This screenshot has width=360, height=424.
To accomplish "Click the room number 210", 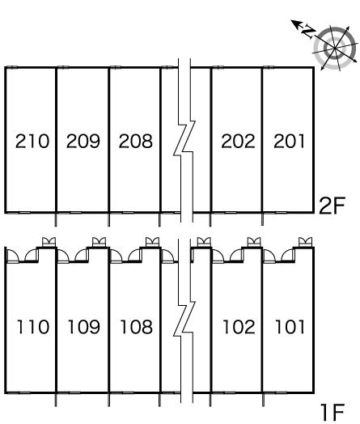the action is pyautogui.click(x=32, y=141).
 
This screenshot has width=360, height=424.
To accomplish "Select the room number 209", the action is pyautogui.click(x=83, y=141).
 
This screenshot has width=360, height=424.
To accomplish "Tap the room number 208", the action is pyautogui.click(x=136, y=141).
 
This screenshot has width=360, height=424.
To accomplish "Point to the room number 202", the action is pyautogui.click(x=238, y=141).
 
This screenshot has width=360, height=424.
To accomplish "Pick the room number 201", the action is pyautogui.click(x=289, y=141).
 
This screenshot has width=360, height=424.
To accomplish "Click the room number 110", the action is pyautogui.click(x=33, y=327).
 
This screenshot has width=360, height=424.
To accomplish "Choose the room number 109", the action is pyautogui.click(x=84, y=327).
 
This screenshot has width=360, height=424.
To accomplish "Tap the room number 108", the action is pyautogui.click(x=136, y=327).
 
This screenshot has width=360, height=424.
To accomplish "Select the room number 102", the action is pyautogui.click(x=239, y=327).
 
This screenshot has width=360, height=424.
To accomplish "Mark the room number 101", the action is pyautogui.click(x=290, y=327).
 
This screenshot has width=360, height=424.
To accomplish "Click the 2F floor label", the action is pyautogui.click(x=332, y=206).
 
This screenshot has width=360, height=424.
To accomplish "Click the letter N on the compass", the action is pyautogui.click(x=308, y=32).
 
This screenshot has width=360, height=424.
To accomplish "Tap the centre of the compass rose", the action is pyautogui.click(x=335, y=48).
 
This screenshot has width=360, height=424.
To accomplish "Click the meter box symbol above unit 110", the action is pyautogui.click(x=49, y=242).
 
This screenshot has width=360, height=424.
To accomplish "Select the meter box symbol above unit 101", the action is pyautogui.click(x=306, y=242).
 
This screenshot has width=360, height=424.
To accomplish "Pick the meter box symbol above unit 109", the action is pyautogui.click(x=100, y=242).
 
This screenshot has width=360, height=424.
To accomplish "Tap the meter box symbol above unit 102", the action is pyautogui.click(x=254, y=242).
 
